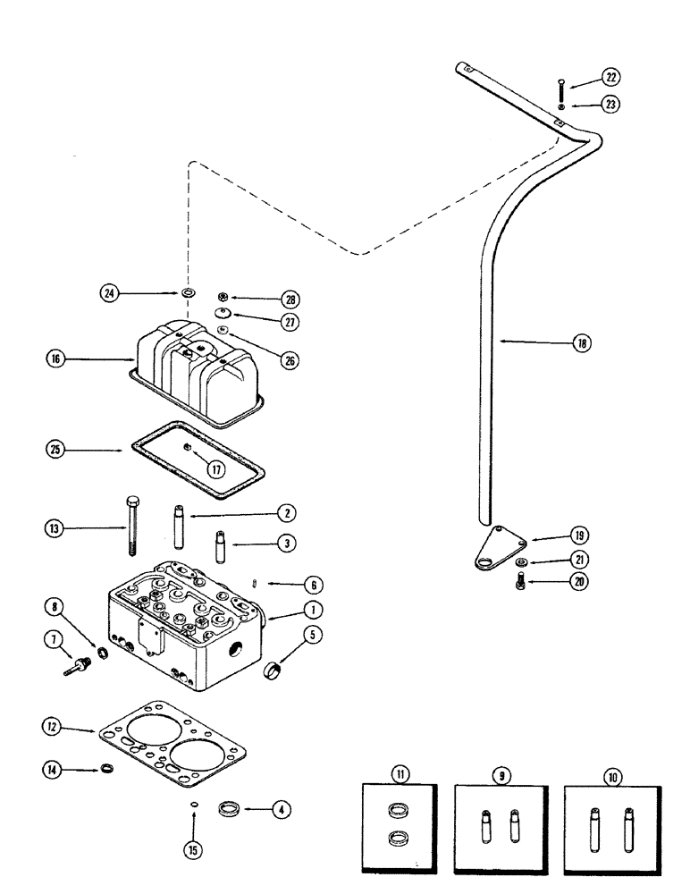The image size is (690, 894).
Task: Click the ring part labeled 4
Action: tap(232, 810)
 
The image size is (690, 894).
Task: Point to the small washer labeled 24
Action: tap(188, 294)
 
